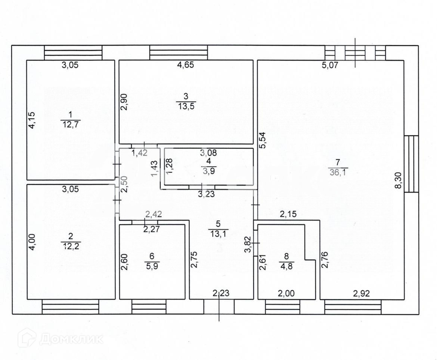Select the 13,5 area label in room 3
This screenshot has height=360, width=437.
pyautogui.click(x=186, y=105)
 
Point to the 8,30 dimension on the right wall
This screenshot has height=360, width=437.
pyautogui.click(x=399, y=179)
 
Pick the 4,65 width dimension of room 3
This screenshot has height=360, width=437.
pyautogui.click(x=185, y=65)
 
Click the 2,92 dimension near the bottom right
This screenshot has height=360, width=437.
pyautogui.click(x=362, y=294)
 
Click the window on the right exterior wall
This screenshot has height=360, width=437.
pyautogui.click(x=411, y=164)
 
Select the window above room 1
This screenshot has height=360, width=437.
pyautogui.click(x=73, y=52)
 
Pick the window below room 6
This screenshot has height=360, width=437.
pyautogui.click(x=149, y=309)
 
